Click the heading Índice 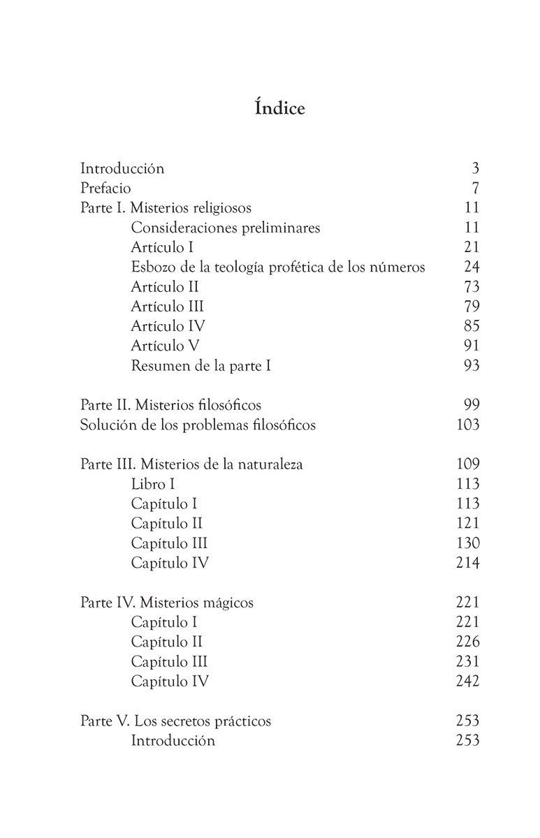pyautogui.click(x=270, y=109)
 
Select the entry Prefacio pyautogui.click(x=105, y=188)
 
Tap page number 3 pyautogui.click(x=475, y=168)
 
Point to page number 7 pyautogui.click(x=475, y=188)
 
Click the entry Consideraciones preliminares pyautogui.click(x=226, y=227)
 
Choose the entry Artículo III pyautogui.click(x=167, y=306)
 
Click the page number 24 pyautogui.click(x=472, y=267)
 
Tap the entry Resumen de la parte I pyautogui.click(x=200, y=365)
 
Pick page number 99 pyautogui.click(x=472, y=405)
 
